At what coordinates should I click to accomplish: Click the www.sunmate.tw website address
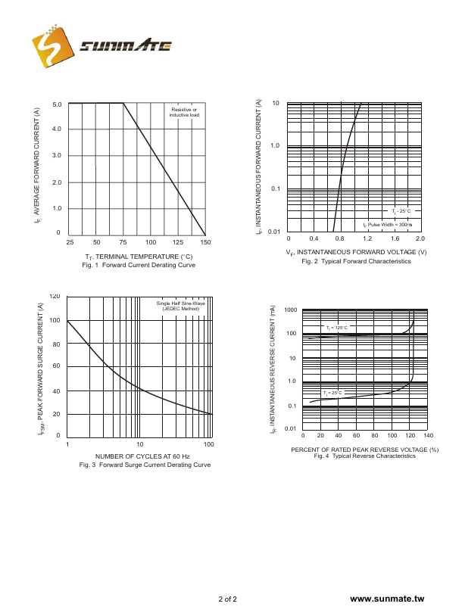point(388,599)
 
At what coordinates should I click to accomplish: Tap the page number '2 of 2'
point(228,599)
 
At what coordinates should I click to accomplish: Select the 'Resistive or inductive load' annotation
point(184,113)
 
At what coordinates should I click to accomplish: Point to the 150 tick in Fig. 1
point(204,242)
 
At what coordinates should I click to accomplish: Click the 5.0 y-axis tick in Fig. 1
point(57,104)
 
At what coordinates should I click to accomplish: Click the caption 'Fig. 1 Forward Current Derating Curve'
point(139,265)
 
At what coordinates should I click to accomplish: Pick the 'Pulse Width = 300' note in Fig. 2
point(388,225)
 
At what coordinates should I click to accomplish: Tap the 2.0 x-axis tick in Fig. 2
point(420,239)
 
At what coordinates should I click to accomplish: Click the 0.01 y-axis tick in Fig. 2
point(274,232)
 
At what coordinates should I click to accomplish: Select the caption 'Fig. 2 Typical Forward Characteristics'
point(356,261)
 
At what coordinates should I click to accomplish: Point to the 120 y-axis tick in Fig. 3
point(55,297)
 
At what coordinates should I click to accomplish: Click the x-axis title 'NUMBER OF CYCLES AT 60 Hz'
point(142,456)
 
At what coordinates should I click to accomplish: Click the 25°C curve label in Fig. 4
point(333,393)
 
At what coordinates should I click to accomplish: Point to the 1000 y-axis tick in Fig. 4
point(291,310)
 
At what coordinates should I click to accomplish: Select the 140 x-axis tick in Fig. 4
point(428,436)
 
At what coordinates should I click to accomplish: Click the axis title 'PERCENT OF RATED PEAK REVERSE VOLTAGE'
point(364,450)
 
